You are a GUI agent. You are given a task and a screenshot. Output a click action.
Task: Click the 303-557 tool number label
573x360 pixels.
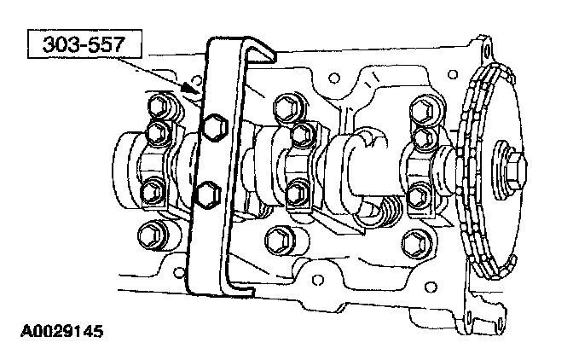tap(84, 44)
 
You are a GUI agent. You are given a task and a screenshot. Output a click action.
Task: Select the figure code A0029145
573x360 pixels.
tap(61, 332)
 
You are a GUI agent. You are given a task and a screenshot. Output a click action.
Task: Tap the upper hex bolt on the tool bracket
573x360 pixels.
tap(215, 127)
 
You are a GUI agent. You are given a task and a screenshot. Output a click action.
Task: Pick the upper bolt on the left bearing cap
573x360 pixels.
tap(159, 132)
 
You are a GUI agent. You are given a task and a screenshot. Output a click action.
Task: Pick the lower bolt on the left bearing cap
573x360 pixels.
tap(152, 192)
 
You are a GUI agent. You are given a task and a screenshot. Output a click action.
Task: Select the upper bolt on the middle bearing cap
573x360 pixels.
tap(303, 135)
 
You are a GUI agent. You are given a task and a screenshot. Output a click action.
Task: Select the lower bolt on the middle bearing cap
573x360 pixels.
tap(297, 193)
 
